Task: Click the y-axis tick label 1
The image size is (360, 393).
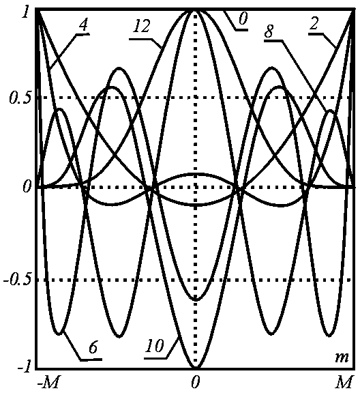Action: point(25,12)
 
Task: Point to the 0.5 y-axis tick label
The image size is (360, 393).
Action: point(20,98)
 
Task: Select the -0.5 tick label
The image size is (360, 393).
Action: point(18,280)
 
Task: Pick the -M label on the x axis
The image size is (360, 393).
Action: point(48,382)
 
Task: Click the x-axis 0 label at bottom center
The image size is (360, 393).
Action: point(196,382)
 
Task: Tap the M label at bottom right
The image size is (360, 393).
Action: point(344,382)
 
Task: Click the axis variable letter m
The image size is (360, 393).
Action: point(342,358)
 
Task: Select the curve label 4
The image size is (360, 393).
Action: point(84,25)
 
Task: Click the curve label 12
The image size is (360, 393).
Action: point(142,27)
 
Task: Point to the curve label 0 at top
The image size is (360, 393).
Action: point(243,19)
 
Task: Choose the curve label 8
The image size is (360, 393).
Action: point(269,31)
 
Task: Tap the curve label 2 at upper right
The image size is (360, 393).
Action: point(314,24)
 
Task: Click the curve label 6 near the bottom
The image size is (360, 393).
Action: point(93,347)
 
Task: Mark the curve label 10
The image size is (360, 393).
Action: point(155,346)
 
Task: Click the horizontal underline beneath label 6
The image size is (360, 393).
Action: point(91,360)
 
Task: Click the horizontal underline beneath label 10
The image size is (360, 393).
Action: point(155,358)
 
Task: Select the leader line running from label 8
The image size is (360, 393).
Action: point(305,76)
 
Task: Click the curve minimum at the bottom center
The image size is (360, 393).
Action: point(196,368)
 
